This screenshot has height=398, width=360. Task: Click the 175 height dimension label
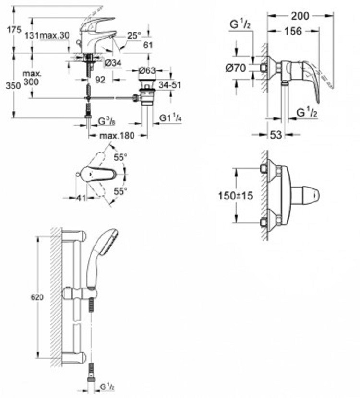point(14,30)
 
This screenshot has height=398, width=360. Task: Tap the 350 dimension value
point(13,85)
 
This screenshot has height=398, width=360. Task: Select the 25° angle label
point(134,35)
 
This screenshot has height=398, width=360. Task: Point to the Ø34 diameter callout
point(113,63)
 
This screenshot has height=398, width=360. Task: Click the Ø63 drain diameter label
point(147,70)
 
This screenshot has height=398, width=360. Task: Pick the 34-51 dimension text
point(170,85)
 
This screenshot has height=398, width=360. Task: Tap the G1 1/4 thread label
point(170,118)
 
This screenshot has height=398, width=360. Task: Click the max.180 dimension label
point(117,136)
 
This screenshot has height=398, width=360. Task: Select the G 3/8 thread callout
point(107,122)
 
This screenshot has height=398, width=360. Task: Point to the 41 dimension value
point(81,198)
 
